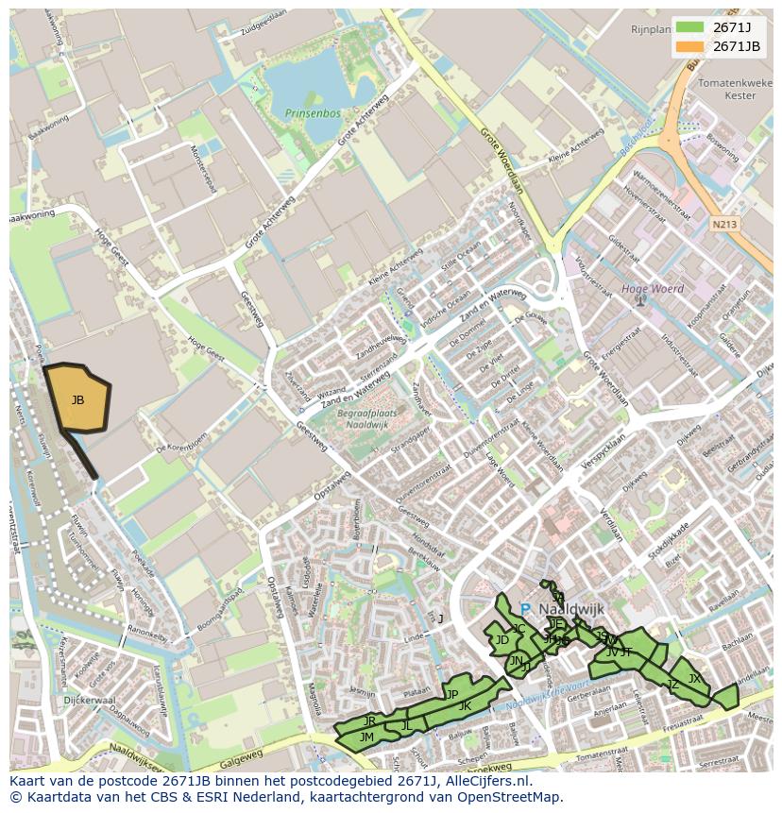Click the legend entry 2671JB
point(737,46)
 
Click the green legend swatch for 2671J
point(689,27)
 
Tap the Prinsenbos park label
point(311,113)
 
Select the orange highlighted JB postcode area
point(78,399)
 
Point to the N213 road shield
point(724,225)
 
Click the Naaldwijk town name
point(570,609)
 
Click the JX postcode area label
point(694,678)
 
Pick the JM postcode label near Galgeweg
point(367,737)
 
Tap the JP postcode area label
point(452,694)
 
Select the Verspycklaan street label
point(604,455)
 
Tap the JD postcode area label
point(501,640)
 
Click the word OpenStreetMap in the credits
point(511,797)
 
